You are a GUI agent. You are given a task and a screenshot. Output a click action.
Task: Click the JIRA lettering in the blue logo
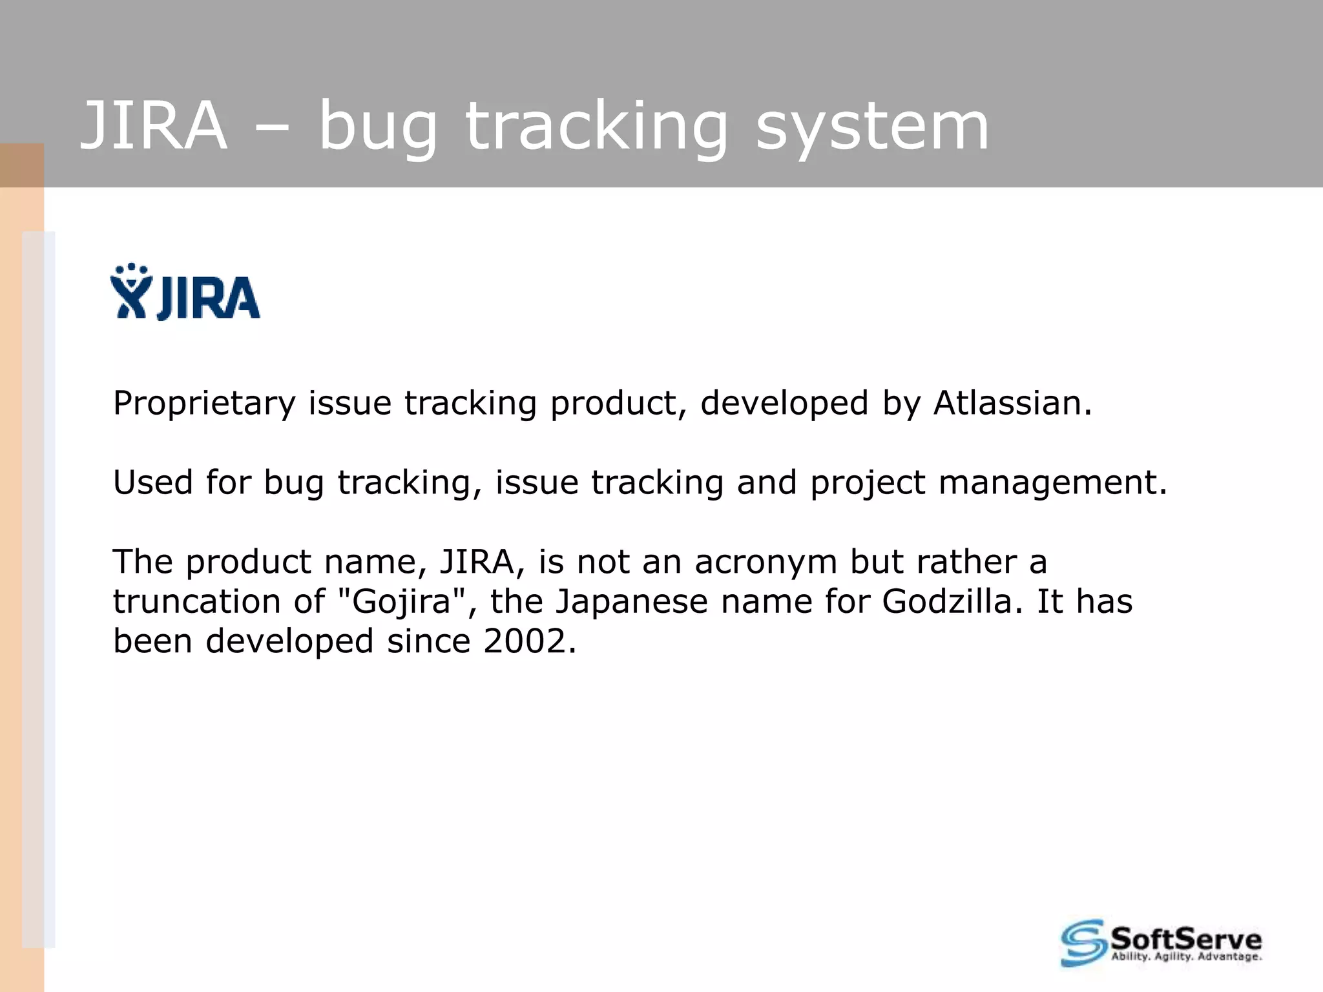(x=208, y=298)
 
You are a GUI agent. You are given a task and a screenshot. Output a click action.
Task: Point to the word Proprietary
(x=203, y=404)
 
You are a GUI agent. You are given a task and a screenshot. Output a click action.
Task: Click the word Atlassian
(x=1012, y=403)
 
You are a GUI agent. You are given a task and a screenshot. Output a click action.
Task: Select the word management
(x=1052, y=483)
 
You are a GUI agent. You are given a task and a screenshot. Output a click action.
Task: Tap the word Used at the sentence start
(x=152, y=482)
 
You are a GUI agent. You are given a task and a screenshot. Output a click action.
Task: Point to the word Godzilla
(x=952, y=602)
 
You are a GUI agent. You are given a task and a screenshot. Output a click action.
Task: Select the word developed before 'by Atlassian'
(x=784, y=404)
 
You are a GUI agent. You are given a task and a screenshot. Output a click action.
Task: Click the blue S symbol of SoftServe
(x=1083, y=943)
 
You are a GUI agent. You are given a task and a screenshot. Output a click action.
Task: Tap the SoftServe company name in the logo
(x=1185, y=937)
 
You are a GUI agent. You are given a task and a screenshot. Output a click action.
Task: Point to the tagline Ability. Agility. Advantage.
(x=1186, y=957)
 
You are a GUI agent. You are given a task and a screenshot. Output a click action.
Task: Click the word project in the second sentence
(x=868, y=483)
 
